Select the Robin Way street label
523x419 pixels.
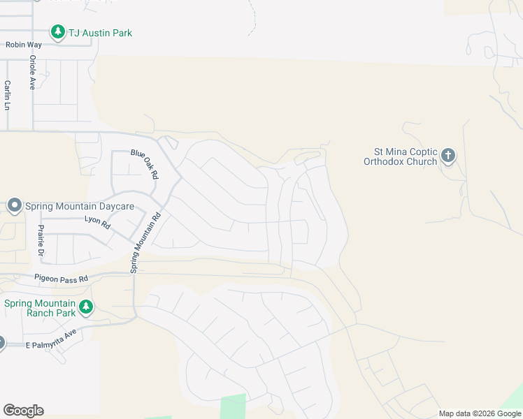[x=24, y=45]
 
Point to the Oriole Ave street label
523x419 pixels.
[x=32, y=73]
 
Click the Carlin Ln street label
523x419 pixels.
[x=8, y=95]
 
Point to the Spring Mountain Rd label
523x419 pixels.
[x=145, y=242]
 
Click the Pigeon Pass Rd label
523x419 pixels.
[x=62, y=279]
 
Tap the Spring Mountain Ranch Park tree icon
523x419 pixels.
[x=86, y=307]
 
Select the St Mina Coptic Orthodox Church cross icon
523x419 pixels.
[x=448, y=155]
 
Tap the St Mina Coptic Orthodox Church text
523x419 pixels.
[x=401, y=156]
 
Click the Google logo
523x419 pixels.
[x=23, y=411]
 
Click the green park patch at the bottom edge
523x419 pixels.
[x=233, y=407]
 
